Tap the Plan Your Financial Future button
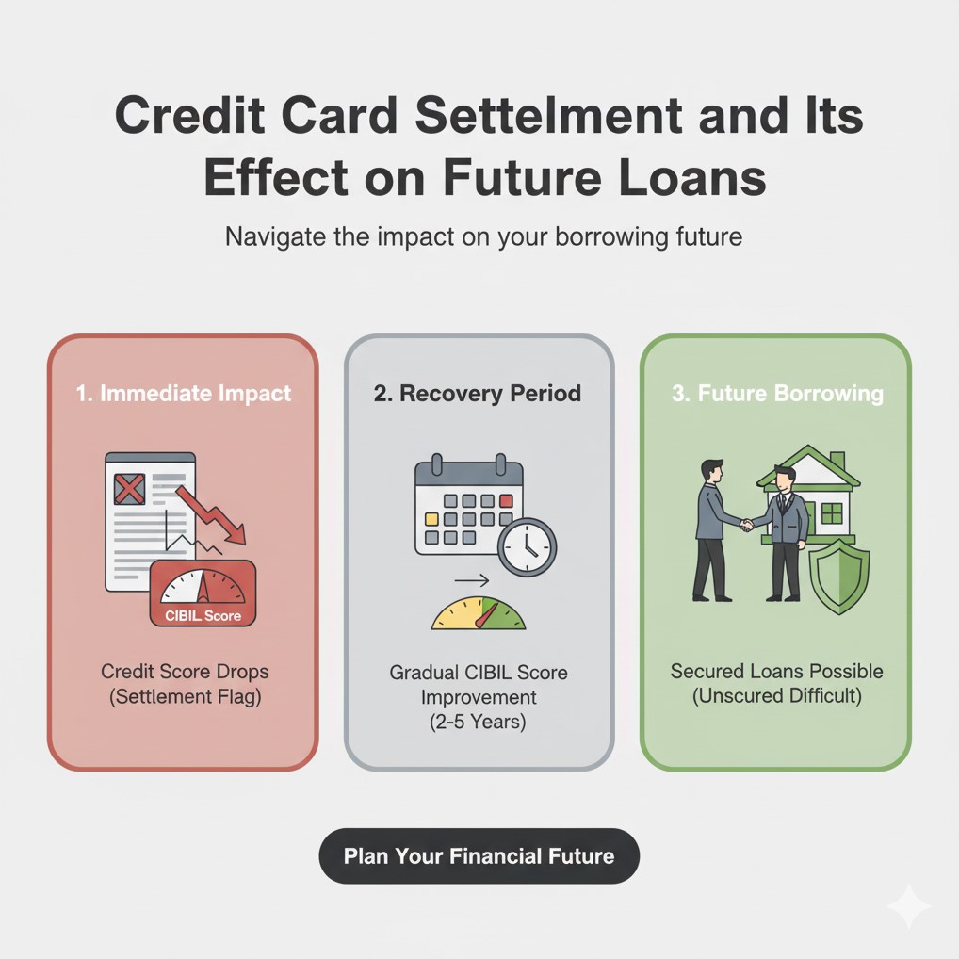(479, 856)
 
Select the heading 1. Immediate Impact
(183, 392)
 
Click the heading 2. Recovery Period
(478, 392)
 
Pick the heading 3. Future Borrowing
(777, 392)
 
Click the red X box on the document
(129, 489)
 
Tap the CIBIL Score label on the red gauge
(203, 616)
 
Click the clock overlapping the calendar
(527, 547)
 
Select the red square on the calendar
(506, 500)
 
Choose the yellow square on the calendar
(432, 519)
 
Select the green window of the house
(831, 512)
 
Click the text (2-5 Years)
(479, 723)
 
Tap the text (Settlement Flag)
(185, 697)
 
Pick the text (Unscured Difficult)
(776, 696)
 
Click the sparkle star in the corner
(907, 906)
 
